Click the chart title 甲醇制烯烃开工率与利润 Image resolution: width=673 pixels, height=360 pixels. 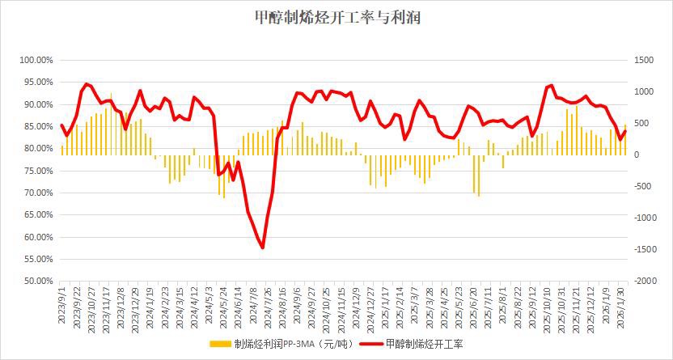(336, 18)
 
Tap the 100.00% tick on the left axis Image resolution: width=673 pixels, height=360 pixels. (36, 61)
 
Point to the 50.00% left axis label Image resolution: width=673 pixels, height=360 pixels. (37, 282)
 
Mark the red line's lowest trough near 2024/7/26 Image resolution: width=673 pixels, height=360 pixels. (263, 248)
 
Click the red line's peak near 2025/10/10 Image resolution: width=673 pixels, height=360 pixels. (551, 85)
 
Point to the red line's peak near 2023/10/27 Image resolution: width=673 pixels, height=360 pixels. (87, 83)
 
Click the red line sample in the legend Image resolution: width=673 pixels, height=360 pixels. (369, 344)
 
